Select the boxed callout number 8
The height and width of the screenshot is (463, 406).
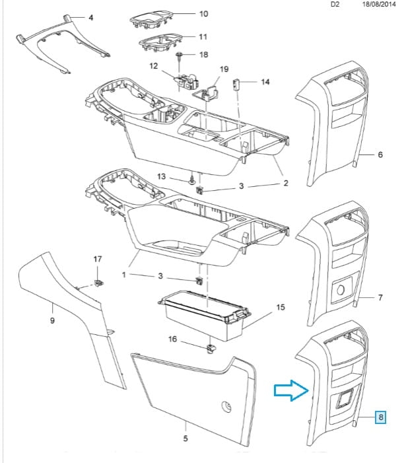[x=381, y=417]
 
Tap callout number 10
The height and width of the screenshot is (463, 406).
[x=203, y=14]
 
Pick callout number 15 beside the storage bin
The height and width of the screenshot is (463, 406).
[x=280, y=308]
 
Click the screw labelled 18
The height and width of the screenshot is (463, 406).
[x=180, y=55]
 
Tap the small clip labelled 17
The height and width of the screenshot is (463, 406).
[x=99, y=283]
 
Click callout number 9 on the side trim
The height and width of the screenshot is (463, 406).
[x=52, y=321]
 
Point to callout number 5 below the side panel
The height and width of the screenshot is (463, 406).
[x=185, y=439]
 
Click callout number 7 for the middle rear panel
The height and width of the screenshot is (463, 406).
[x=380, y=298]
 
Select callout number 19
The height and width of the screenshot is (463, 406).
[x=224, y=69]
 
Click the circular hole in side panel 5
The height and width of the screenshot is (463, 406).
[x=226, y=406]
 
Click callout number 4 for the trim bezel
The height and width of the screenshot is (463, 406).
[x=90, y=17]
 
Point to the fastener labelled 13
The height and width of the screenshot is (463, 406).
[x=191, y=179]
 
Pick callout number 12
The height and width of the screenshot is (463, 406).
[x=154, y=66]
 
